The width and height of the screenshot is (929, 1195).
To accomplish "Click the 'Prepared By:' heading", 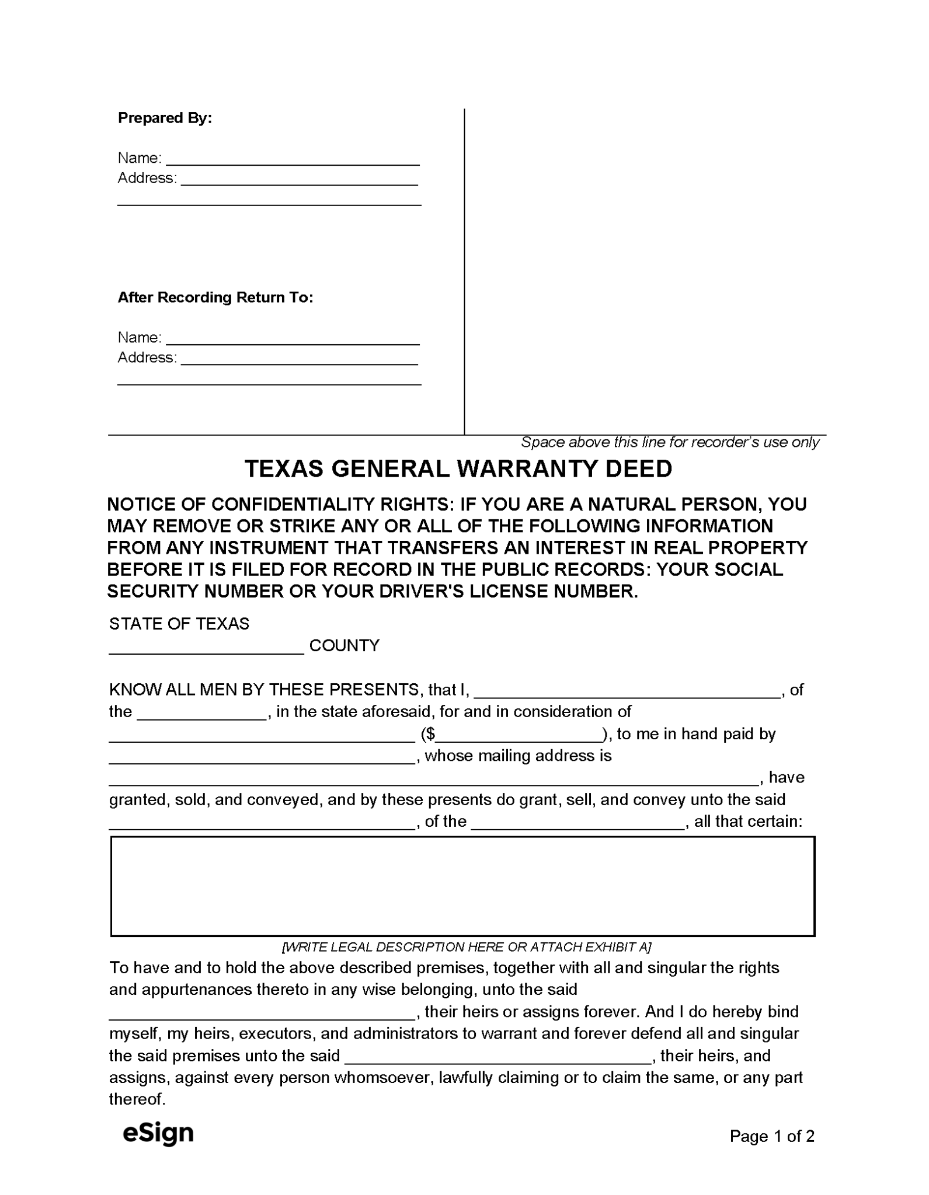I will [165, 118].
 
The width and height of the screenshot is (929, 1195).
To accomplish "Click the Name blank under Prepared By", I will [293, 159].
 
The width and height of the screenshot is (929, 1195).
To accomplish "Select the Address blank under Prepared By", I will [300, 179].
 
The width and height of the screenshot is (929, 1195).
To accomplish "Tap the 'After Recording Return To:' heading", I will [215, 298].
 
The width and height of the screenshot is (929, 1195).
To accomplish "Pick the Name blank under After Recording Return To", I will [293, 339].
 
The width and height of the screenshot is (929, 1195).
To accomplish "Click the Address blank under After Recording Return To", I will [300, 359].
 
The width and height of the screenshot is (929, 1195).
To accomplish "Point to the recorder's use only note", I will [670, 442].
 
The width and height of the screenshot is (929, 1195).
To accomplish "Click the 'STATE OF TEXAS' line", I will [179, 624].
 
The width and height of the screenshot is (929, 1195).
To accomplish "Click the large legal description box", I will [462, 886].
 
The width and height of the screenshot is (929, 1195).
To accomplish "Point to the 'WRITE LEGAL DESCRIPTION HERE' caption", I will [467, 946].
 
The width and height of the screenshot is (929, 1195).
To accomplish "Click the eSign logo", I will [158, 1133].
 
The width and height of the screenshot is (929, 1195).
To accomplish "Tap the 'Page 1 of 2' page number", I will [771, 1136].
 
